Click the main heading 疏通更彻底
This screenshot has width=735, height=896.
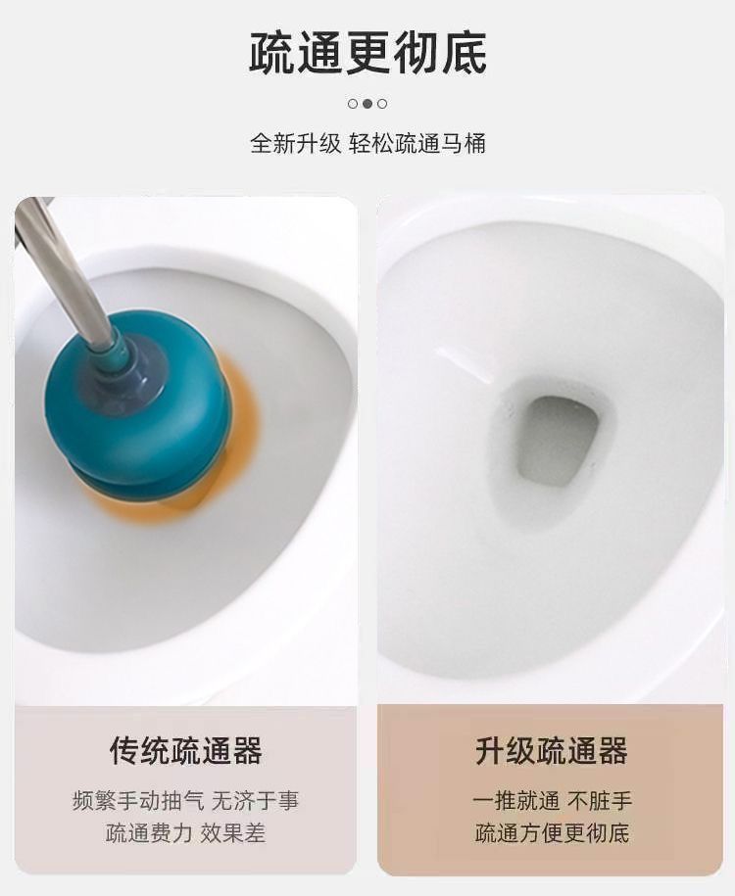point(367,53)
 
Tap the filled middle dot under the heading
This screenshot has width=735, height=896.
point(367,104)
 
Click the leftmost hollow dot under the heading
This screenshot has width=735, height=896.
point(353,104)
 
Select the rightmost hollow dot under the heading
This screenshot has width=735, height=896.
point(382,104)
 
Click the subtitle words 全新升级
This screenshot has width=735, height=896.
point(295,143)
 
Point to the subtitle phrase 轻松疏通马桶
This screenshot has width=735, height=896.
point(417,143)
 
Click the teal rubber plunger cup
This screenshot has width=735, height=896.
point(140,408)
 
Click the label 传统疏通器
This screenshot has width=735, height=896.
point(186,750)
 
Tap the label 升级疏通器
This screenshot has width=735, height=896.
point(552,750)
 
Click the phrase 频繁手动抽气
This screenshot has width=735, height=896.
point(138,801)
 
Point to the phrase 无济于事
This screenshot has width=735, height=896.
point(255,801)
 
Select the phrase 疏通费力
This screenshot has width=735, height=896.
point(149,833)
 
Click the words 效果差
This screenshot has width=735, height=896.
point(233,833)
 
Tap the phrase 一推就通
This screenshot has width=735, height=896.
point(515,801)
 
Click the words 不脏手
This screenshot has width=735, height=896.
point(600,801)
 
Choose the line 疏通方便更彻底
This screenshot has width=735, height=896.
point(552,833)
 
